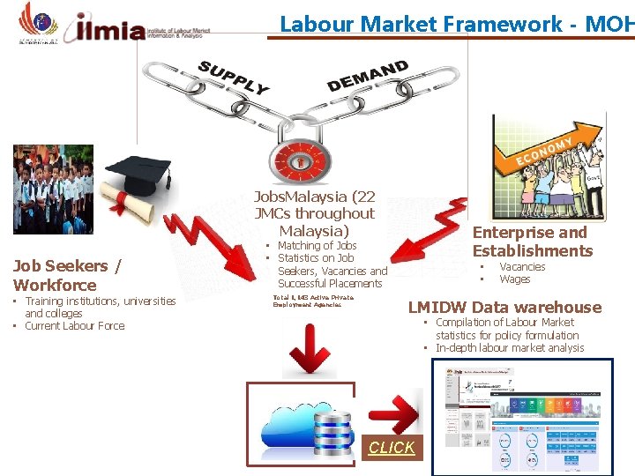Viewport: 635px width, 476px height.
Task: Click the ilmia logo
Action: (110, 29)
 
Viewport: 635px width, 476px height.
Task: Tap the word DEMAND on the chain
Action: (368, 76)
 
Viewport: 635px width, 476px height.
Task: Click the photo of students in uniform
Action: (52, 189)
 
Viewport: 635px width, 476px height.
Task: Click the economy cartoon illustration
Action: (548, 167)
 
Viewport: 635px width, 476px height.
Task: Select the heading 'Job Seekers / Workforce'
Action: (67, 275)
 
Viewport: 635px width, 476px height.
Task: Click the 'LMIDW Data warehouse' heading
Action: (504, 307)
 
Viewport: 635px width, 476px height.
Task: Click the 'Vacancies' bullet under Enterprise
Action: (522, 267)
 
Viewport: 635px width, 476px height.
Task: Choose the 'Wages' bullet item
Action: (515, 279)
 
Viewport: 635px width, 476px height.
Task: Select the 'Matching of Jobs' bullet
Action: (317, 246)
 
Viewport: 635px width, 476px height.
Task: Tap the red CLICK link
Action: (392, 448)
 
